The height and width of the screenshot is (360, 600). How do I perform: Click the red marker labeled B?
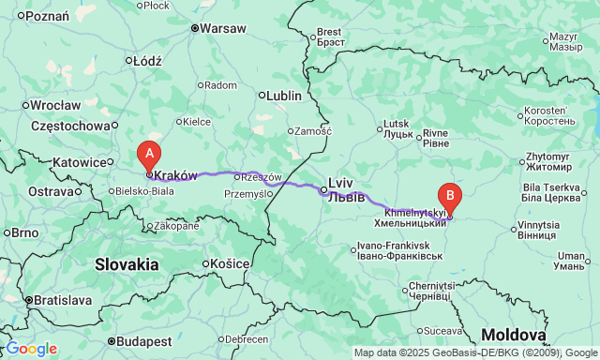point(450,197)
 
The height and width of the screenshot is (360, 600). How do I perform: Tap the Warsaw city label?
point(222,28)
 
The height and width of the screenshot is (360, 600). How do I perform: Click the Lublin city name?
point(283,96)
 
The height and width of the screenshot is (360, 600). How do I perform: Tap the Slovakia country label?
point(127,265)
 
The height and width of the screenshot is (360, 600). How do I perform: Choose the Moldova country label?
point(513,336)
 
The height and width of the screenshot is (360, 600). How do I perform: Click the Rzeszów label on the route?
point(262,176)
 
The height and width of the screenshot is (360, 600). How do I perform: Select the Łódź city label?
point(148,61)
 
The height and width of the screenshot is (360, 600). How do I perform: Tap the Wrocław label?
point(55,105)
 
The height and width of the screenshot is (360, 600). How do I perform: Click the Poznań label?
point(44,16)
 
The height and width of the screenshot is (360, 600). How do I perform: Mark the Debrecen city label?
point(247,338)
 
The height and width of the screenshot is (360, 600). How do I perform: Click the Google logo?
point(31,349)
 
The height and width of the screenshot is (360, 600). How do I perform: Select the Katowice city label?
point(77,162)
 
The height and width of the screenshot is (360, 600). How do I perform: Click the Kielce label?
point(196,121)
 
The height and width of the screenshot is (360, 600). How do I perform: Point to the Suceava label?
point(442,330)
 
